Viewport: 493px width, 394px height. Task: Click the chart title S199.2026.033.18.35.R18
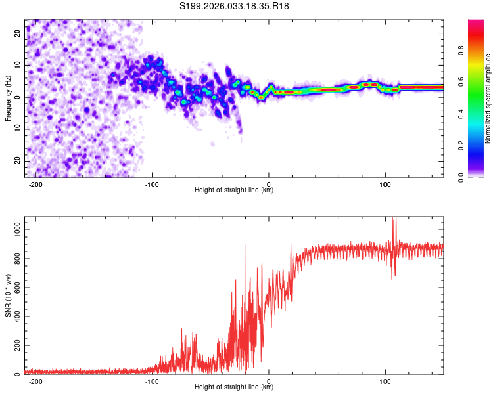click(x=235, y=6)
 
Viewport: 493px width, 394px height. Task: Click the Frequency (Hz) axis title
click(x=7, y=98)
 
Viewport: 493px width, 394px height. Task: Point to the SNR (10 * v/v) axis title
click(x=7, y=296)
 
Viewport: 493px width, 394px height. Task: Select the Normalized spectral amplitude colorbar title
click(x=488, y=98)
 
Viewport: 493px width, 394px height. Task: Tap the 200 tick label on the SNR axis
click(x=16, y=346)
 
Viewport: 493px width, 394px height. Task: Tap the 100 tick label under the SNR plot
click(x=386, y=382)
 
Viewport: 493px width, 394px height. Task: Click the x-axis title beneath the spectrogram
click(x=234, y=190)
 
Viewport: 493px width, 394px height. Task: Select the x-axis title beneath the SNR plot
click(x=234, y=387)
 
